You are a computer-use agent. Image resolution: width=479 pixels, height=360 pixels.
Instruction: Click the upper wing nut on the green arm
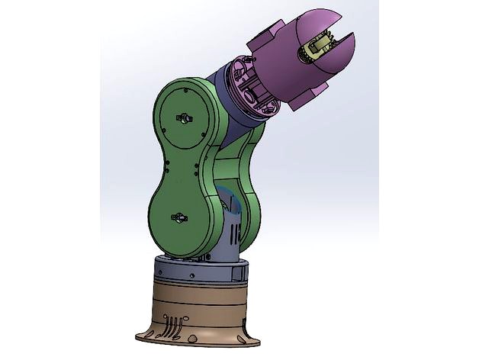tap(183, 118)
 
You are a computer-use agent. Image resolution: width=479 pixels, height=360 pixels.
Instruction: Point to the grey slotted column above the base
tap(228, 228)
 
